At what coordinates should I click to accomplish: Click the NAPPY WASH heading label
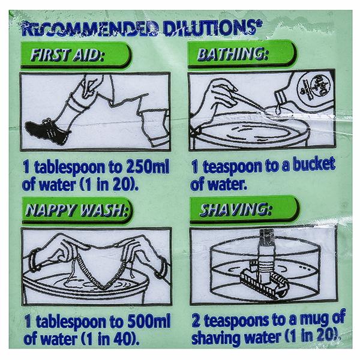(77, 211)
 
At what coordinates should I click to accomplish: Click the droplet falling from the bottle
(278, 110)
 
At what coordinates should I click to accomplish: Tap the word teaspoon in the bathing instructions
(233, 167)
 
